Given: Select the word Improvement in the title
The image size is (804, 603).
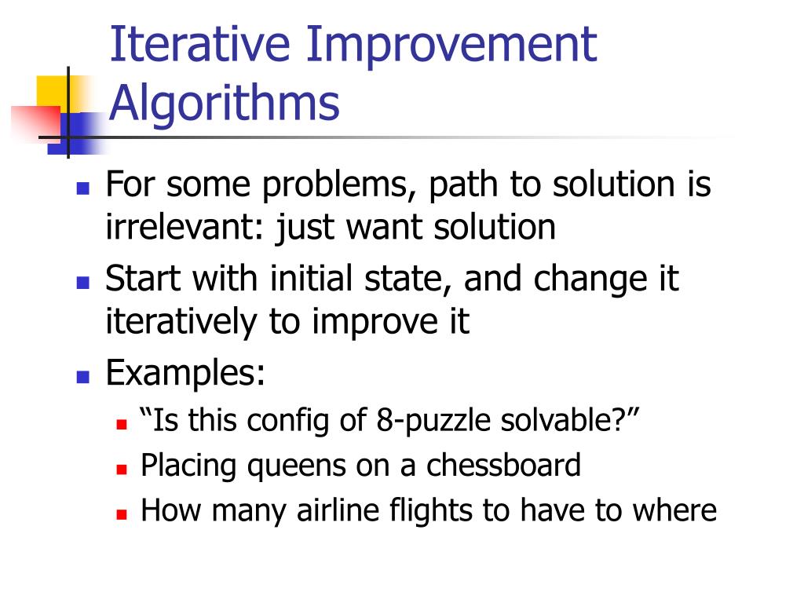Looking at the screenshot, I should (x=451, y=45).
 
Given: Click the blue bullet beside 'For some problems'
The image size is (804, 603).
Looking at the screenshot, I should (x=82, y=188).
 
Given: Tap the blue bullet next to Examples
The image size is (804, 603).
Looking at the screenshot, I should (x=82, y=376).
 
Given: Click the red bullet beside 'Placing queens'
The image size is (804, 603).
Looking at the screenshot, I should (x=122, y=469).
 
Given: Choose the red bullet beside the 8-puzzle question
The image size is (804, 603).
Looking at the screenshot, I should (x=122, y=423).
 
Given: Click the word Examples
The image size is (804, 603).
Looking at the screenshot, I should (x=185, y=373).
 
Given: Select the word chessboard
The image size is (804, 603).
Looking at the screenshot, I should (x=503, y=466).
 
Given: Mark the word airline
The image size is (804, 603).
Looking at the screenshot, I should (x=340, y=511).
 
